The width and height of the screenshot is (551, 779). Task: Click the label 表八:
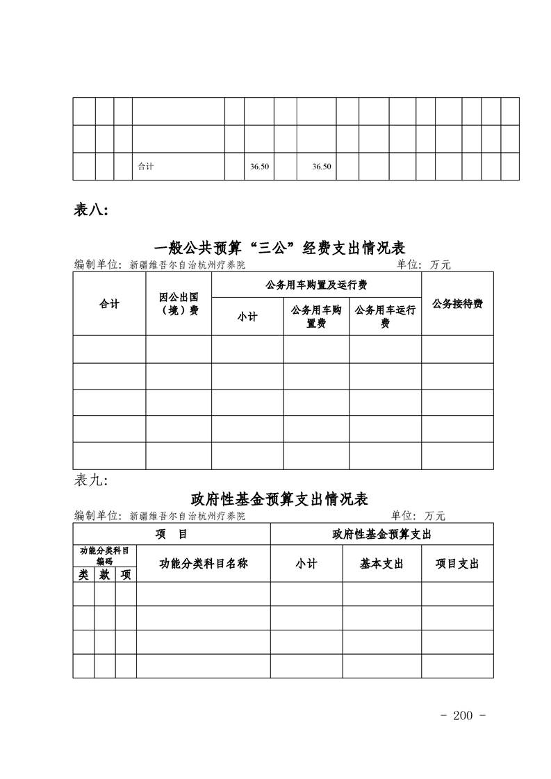click(x=91, y=210)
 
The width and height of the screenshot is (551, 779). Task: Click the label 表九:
click(x=90, y=480)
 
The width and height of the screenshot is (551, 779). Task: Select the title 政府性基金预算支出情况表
click(x=279, y=499)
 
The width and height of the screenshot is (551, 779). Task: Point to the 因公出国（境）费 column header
click(x=179, y=304)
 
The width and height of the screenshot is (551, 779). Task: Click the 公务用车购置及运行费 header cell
click(x=316, y=285)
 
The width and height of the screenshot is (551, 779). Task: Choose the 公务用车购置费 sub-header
click(x=316, y=317)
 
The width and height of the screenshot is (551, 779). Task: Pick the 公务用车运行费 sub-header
click(x=385, y=317)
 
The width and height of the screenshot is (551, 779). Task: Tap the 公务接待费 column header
click(x=457, y=304)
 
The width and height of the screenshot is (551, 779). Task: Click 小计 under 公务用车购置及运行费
click(x=247, y=317)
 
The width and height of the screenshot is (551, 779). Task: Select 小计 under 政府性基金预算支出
click(x=306, y=564)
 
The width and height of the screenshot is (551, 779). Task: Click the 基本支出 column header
click(x=381, y=564)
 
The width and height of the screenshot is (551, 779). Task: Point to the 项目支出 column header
click(x=457, y=564)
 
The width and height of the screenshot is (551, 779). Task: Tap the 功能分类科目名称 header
click(x=204, y=564)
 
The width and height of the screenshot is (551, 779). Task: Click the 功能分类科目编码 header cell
click(x=104, y=555)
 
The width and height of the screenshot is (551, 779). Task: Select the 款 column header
click(x=105, y=575)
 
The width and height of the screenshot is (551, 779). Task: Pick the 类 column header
click(x=83, y=575)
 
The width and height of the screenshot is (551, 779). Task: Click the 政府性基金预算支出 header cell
click(x=381, y=534)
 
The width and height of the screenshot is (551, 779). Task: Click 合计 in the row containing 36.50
click(x=146, y=167)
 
